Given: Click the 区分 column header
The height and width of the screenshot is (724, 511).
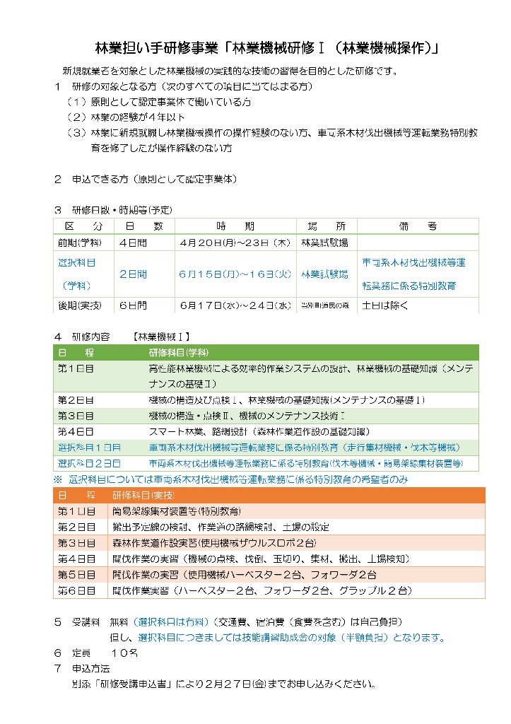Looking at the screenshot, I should [x=83, y=226].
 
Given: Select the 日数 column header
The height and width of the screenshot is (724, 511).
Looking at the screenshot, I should [x=144, y=226].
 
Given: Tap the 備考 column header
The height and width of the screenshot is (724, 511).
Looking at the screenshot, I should [x=418, y=226].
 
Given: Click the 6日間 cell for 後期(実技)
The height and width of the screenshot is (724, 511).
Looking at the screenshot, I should [x=133, y=305].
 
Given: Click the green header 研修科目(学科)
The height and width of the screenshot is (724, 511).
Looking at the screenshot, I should [x=176, y=352].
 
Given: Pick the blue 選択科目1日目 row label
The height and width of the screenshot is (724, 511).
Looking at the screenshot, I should [x=89, y=448].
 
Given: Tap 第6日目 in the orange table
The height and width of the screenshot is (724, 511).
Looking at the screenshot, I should [x=76, y=590].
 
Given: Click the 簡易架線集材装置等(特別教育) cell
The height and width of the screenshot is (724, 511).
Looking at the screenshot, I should [x=176, y=510].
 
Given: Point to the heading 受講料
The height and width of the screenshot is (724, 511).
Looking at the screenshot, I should [x=86, y=622].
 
